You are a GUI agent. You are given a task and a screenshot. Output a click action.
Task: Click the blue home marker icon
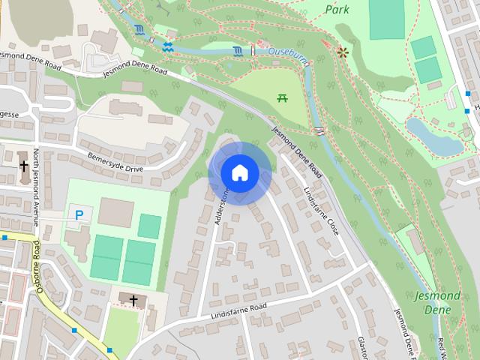[x=239, y=172]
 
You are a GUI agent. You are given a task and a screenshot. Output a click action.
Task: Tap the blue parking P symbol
[x=79, y=215]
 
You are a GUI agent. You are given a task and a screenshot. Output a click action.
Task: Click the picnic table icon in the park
[x=283, y=97]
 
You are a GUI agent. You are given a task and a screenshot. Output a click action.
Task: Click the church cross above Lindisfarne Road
[x=134, y=301]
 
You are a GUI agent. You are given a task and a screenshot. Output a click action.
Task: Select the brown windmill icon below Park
[x=343, y=52]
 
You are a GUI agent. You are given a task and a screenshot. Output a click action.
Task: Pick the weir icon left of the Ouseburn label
[x=238, y=51]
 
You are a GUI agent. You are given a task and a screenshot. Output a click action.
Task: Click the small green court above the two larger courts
[x=150, y=226]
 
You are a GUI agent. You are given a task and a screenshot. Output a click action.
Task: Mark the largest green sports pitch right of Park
[x=387, y=19]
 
